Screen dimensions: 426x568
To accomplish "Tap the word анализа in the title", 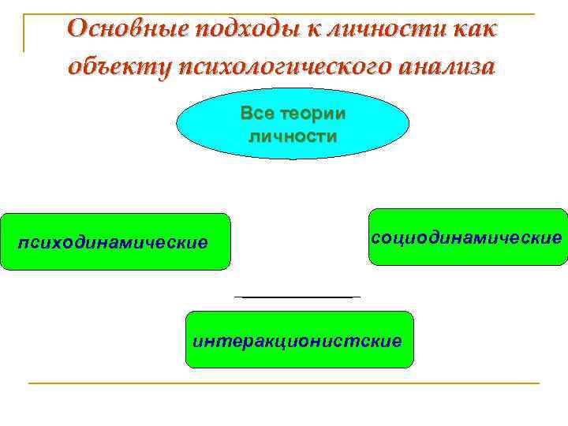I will point(433,66).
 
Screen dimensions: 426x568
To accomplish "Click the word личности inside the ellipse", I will point(293,136).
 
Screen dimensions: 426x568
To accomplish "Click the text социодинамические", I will point(468,237).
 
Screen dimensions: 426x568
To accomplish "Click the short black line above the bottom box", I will point(297,297).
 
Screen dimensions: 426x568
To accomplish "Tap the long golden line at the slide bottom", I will point(284,383).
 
